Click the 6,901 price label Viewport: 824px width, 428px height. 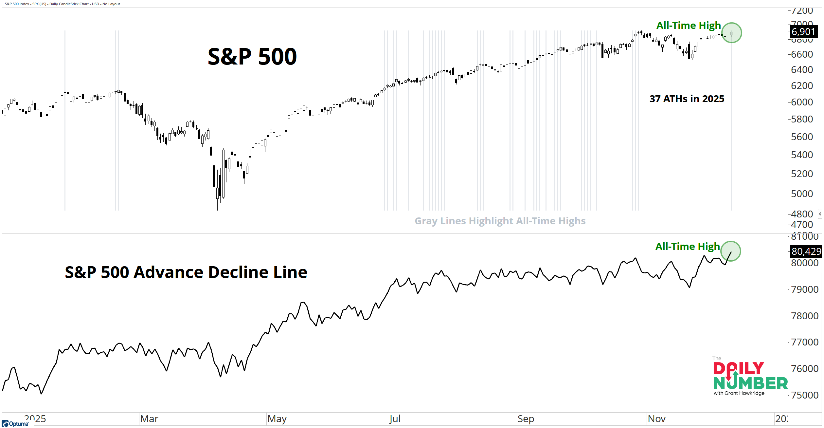click(803, 32)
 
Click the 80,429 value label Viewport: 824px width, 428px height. click(806, 251)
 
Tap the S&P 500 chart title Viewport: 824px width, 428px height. click(252, 57)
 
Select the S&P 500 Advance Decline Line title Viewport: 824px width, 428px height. click(186, 272)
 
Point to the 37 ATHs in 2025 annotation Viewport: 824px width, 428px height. click(687, 99)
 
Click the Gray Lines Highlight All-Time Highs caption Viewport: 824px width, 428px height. click(500, 221)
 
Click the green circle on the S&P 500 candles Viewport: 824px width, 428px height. click(731, 33)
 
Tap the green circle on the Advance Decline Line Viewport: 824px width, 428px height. click(730, 251)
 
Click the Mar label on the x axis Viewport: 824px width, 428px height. click(149, 419)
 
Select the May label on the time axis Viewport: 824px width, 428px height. click(277, 419)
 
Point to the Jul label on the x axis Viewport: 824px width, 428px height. click(395, 419)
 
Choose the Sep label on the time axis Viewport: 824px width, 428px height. click(526, 419)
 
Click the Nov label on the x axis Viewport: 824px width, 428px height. click(656, 419)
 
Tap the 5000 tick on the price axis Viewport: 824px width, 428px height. click(802, 194)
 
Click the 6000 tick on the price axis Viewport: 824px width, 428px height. click(802, 102)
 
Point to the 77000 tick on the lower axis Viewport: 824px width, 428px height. click(804, 342)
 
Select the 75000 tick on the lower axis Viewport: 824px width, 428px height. click(804, 395)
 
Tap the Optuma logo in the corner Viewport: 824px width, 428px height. click(15, 424)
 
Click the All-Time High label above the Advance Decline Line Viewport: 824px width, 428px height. click(687, 247)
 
